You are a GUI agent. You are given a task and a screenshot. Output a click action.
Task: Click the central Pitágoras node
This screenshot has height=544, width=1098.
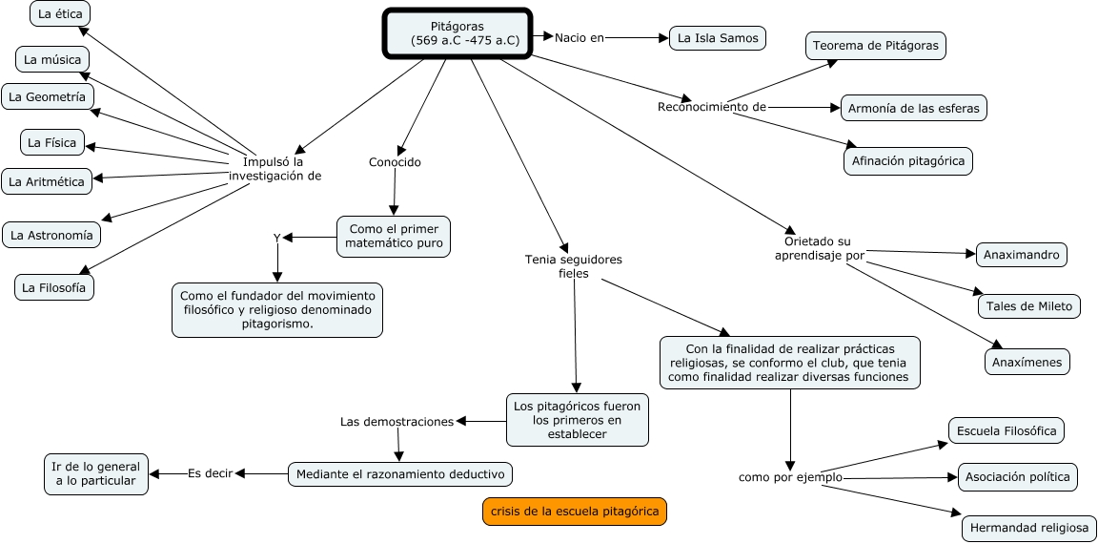pyautogui.click(x=457, y=33)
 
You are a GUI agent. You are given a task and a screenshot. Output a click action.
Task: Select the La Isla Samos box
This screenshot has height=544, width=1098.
pyautogui.click(x=718, y=38)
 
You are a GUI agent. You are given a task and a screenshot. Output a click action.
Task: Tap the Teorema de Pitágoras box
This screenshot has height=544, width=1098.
pyautogui.click(x=875, y=46)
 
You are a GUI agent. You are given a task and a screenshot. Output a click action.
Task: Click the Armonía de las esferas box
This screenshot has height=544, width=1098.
pyautogui.click(x=914, y=108)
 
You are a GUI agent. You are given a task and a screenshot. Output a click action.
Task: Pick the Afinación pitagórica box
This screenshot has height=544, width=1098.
pyautogui.click(x=908, y=161)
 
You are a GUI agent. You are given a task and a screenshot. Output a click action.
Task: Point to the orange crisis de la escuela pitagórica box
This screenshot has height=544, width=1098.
pyautogui.click(x=575, y=511)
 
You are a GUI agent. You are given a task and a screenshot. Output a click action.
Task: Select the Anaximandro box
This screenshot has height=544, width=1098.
pyautogui.click(x=1022, y=255)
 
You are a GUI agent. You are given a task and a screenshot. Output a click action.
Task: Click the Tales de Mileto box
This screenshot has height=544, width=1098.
pyautogui.click(x=1029, y=306)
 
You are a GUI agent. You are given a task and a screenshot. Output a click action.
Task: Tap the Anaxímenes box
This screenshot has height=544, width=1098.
pyautogui.click(x=1027, y=362)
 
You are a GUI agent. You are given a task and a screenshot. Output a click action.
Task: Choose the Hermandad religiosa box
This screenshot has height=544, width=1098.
pyautogui.click(x=1029, y=528)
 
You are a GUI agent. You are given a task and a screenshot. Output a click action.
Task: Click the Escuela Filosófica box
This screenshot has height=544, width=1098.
pyautogui.click(x=1006, y=430)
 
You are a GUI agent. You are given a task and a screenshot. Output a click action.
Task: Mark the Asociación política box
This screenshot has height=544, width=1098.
pyautogui.click(x=1018, y=477)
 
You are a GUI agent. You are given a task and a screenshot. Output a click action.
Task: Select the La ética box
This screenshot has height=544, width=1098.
pyautogui.click(x=60, y=13)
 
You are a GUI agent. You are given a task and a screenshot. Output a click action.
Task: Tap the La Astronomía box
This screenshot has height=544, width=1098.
pyautogui.click(x=51, y=235)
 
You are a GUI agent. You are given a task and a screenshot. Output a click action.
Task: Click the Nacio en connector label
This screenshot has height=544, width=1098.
pyautogui.click(x=579, y=38)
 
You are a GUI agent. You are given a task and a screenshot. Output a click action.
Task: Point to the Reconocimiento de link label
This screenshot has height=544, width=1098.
pyautogui.click(x=712, y=107)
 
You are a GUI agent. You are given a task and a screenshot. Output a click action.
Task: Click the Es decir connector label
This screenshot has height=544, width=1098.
pyautogui.click(x=210, y=473)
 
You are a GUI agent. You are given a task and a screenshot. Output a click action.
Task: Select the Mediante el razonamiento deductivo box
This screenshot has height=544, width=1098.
pyautogui.click(x=400, y=474)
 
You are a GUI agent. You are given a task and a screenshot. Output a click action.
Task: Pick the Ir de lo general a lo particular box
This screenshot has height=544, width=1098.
pyautogui.click(x=96, y=474)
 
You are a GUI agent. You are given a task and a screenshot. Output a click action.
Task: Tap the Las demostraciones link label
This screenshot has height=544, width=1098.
pyautogui.click(x=397, y=421)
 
